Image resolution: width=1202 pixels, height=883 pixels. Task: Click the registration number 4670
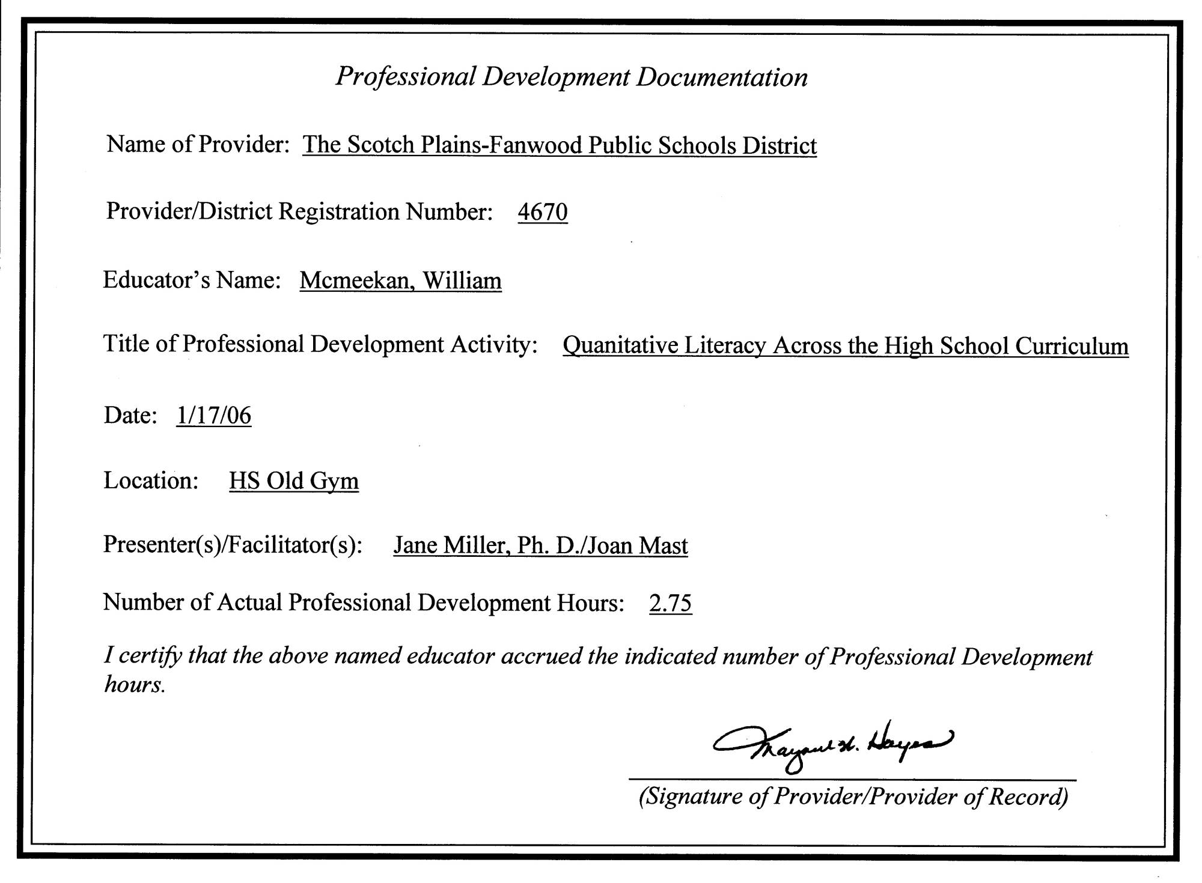pos(542,212)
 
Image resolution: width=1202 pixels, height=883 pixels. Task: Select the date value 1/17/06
pos(213,415)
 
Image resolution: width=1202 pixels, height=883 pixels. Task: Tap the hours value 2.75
pos(670,602)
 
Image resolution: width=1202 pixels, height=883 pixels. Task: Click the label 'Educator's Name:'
pos(192,280)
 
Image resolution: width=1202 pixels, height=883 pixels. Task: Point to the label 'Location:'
pos(151,481)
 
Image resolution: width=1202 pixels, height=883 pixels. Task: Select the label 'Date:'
pos(130,415)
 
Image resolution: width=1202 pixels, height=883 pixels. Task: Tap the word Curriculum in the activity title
pos(1072,345)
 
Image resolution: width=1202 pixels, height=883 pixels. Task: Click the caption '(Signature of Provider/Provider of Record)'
pos(853,797)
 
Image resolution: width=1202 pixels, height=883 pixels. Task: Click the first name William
pos(462,281)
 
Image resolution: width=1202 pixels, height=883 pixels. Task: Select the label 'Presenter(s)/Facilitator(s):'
pos(233,544)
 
